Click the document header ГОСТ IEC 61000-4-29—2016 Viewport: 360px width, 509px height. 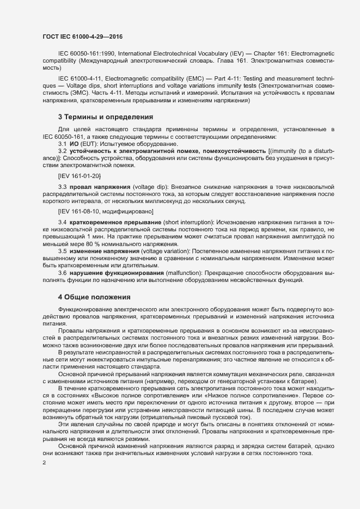(x=82, y=36)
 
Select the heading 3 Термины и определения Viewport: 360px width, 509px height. (x=97, y=116)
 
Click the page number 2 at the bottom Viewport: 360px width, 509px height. (x=44, y=463)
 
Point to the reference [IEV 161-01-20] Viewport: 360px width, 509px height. (x=79, y=176)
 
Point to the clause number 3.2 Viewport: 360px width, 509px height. (x=63, y=150)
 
